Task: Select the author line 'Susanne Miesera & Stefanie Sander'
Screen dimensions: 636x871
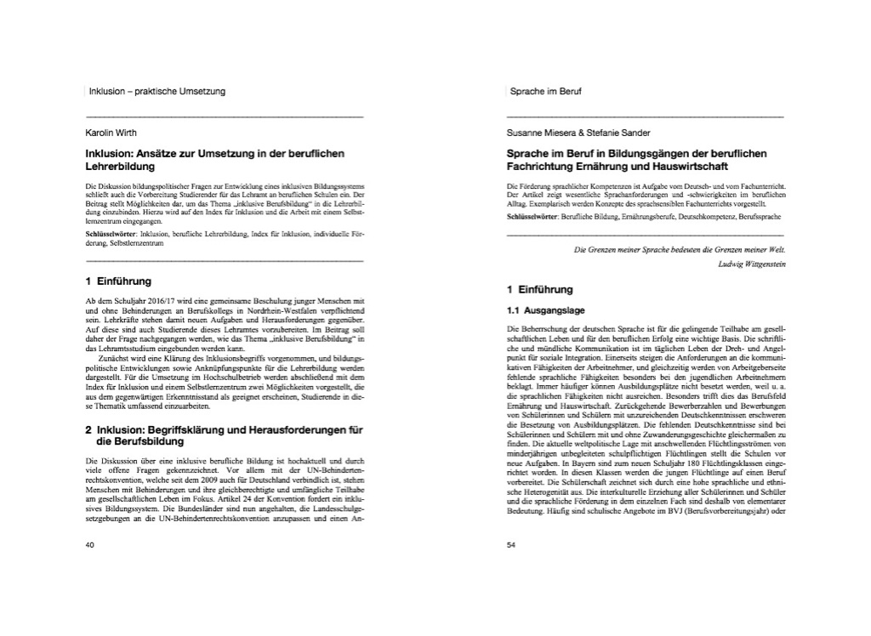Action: (578, 133)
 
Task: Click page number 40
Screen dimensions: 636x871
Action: (90, 545)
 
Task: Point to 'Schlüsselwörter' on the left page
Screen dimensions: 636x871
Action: (115, 232)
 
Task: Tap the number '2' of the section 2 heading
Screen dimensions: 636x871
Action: (89, 430)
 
